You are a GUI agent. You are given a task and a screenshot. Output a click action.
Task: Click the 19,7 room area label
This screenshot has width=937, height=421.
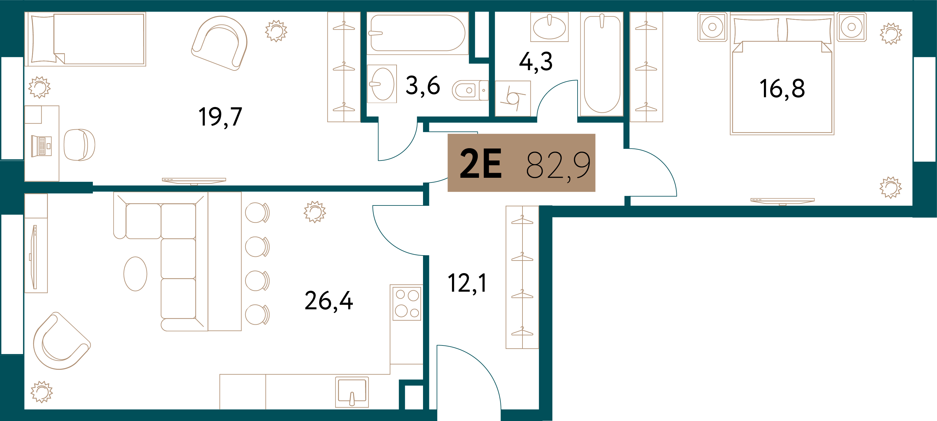coord(220,117)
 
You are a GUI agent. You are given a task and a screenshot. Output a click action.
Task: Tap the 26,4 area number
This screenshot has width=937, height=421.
coord(329,301)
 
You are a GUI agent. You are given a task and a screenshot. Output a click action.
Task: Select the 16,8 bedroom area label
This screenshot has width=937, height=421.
coord(782,89)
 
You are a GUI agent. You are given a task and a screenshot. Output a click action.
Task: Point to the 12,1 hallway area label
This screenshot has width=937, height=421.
coord(467,283)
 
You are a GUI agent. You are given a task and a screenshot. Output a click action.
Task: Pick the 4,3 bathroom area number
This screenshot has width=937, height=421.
coord(536,62)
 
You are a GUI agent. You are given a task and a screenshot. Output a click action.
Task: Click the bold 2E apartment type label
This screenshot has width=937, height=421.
coord(481,164)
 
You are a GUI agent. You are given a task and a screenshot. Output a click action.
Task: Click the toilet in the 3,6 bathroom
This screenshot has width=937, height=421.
coord(470,90)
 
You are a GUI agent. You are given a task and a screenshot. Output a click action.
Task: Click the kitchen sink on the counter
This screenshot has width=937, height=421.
coord(352,392)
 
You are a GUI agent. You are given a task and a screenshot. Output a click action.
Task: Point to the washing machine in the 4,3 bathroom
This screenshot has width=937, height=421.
coord(513,98)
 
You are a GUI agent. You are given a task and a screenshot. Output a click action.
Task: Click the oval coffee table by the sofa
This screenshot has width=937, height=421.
coord(135,274)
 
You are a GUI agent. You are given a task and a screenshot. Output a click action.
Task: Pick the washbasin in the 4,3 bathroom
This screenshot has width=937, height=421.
coord(549,27)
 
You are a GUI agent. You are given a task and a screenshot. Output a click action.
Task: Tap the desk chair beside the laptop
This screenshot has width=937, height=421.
coord(79,145)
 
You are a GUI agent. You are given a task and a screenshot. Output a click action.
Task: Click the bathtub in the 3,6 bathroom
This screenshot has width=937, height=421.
coord(418,33)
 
